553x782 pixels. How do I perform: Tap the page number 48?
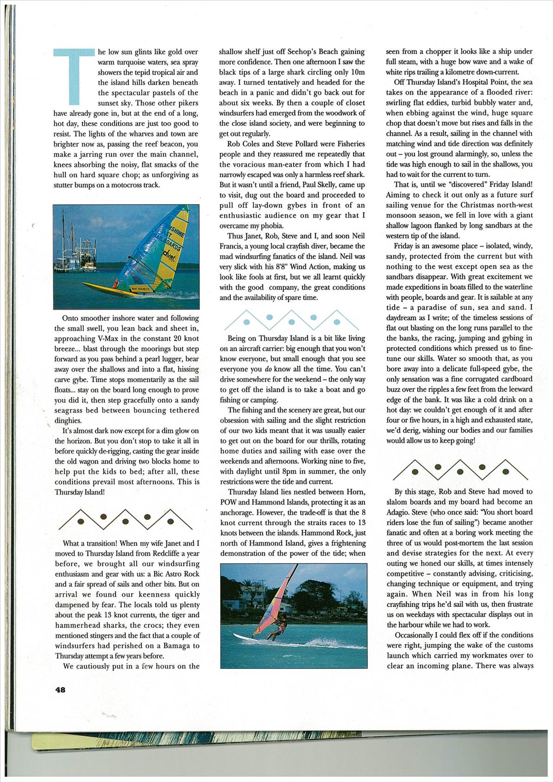[x=60, y=690]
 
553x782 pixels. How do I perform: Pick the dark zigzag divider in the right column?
[x=460, y=470]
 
